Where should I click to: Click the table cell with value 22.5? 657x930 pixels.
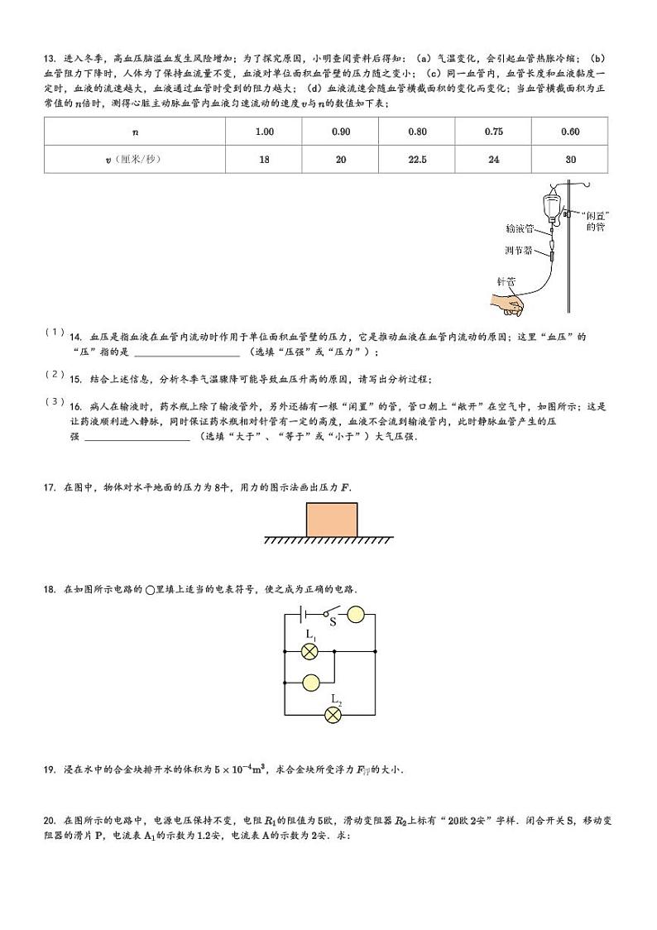tap(417, 160)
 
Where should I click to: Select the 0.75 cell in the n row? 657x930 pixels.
tap(493, 132)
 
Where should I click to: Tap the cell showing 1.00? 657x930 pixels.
tap(265, 132)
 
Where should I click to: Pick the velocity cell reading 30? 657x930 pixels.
tap(569, 160)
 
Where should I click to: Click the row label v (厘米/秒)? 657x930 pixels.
tap(135, 160)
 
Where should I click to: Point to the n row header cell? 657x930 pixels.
tap(135, 132)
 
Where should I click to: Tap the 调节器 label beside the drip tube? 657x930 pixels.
tap(518, 249)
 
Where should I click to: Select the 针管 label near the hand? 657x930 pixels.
tap(505, 281)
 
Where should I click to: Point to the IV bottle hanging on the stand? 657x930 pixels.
tap(549, 203)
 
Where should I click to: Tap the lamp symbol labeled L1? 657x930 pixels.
tap(310, 651)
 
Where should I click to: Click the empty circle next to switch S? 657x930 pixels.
tap(356, 616)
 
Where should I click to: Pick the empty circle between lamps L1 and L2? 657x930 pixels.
tap(310, 683)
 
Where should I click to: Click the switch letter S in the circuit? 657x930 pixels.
tap(333, 624)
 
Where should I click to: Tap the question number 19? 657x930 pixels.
tap(49, 769)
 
